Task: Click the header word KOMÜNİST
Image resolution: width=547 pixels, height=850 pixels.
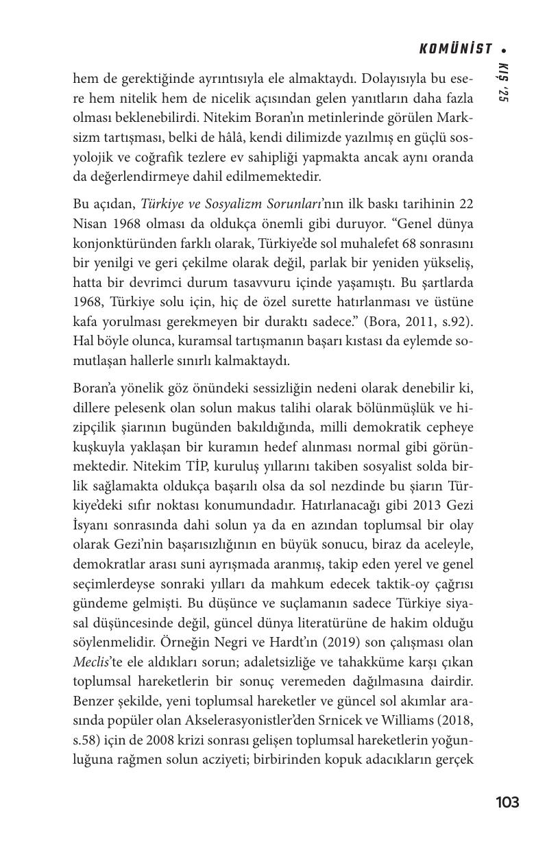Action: (x=456, y=49)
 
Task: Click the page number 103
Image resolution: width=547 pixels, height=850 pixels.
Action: (x=507, y=802)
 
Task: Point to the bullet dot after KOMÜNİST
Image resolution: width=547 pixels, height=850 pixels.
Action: (x=504, y=49)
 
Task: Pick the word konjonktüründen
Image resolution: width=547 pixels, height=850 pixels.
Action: (x=117, y=243)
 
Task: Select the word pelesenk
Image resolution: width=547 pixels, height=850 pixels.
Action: (x=140, y=408)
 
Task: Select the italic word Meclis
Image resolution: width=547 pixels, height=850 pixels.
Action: (x=90, y=662)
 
